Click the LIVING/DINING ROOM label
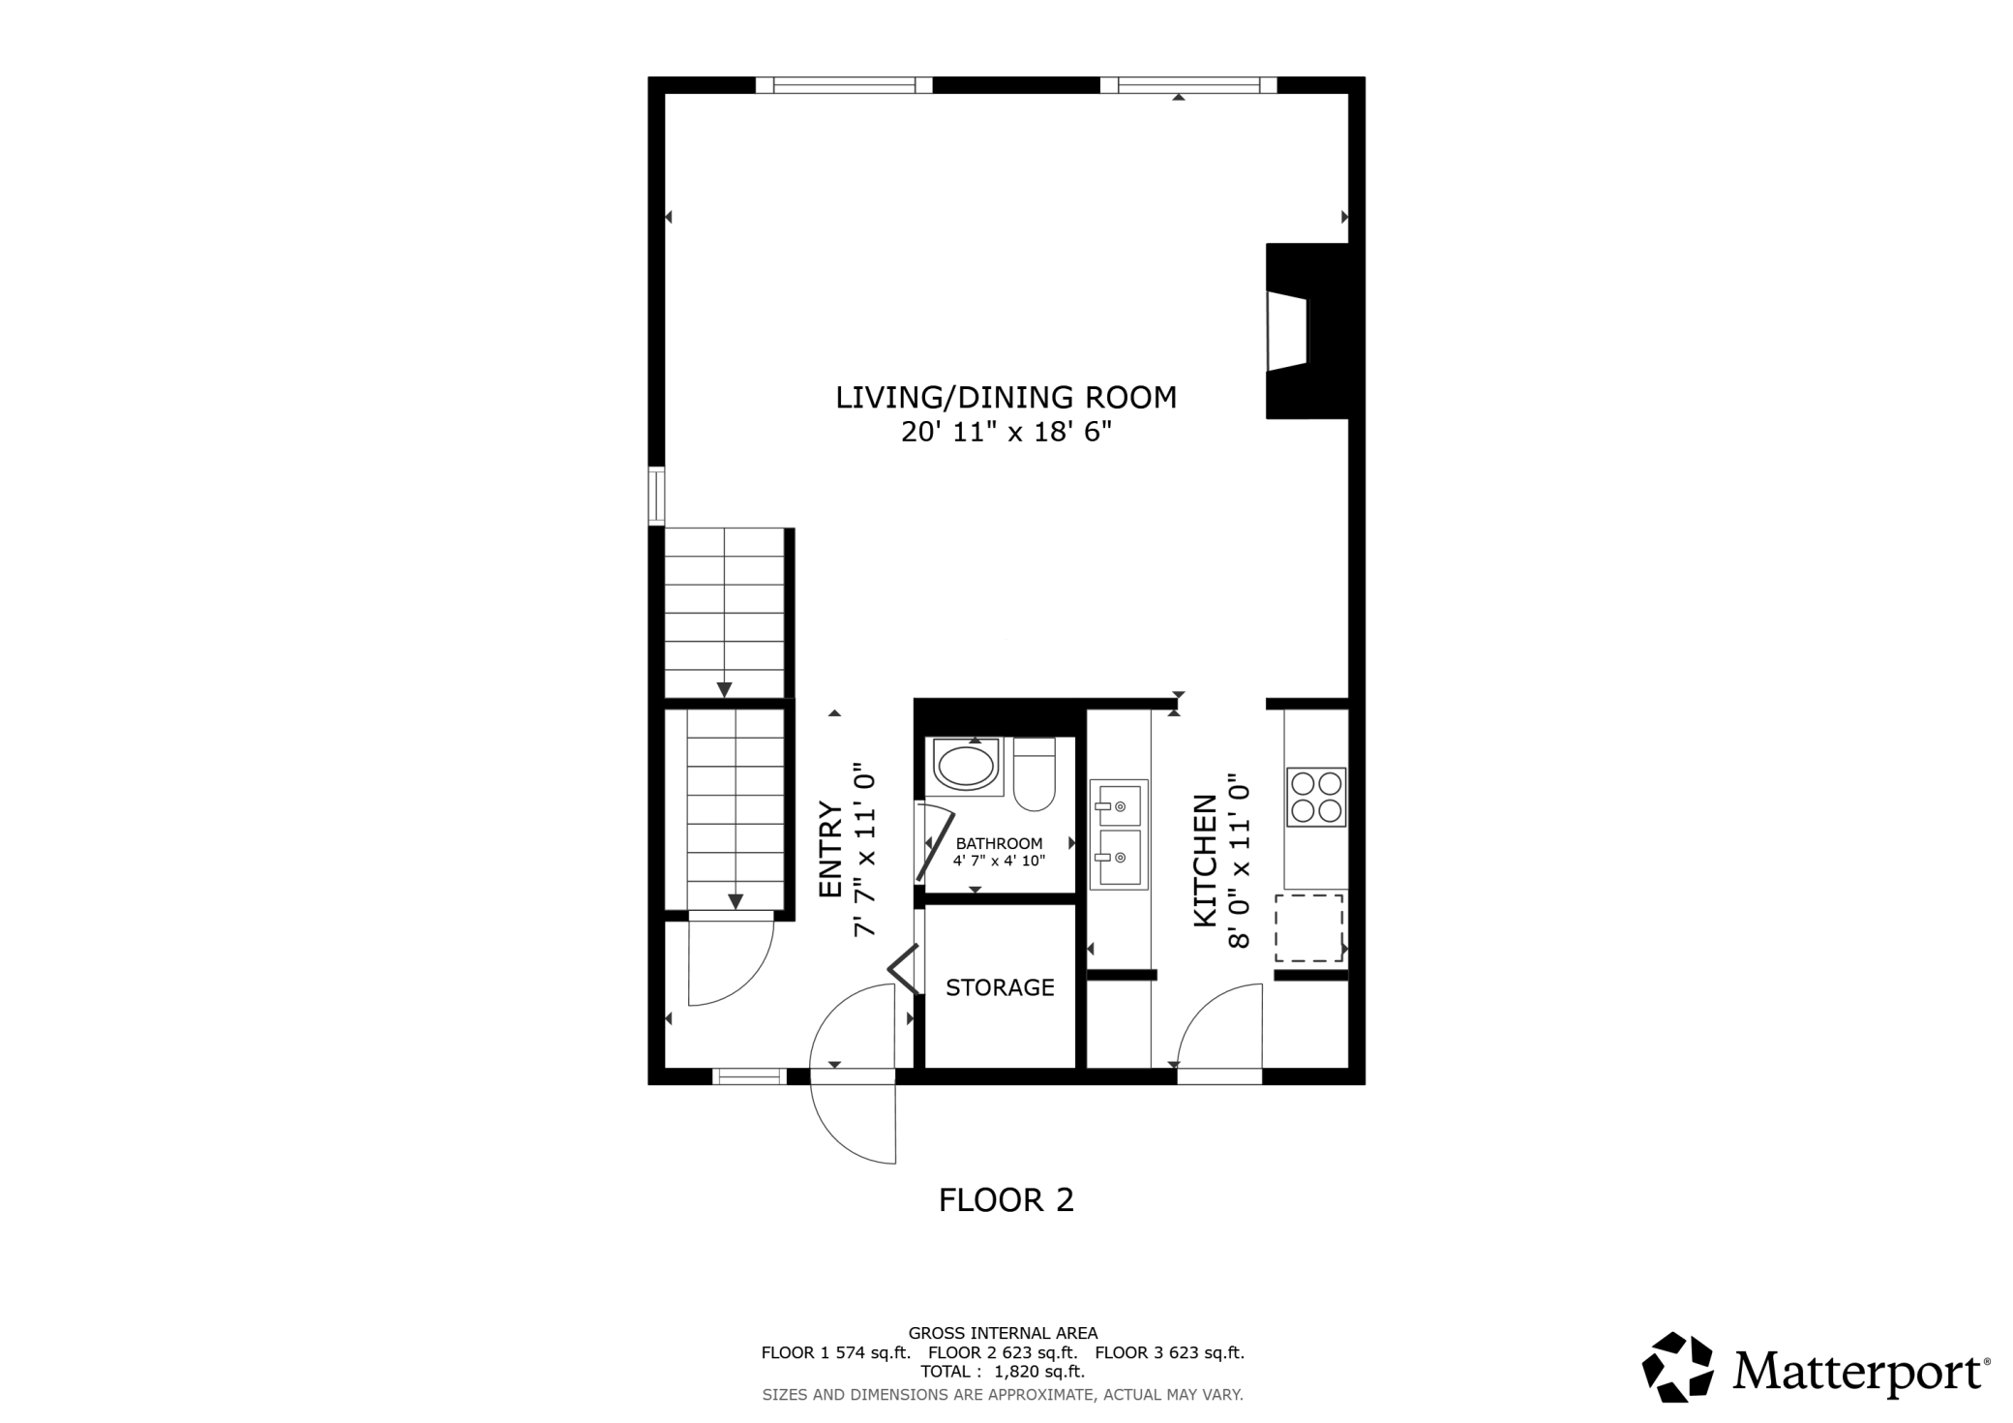1006,398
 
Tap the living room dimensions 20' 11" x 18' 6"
1006,432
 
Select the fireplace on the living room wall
1307,331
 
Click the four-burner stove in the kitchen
1316,797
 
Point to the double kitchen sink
1119,833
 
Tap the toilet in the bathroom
1034,774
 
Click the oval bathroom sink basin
966,766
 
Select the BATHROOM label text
999,843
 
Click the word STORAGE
1000,987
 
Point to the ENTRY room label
830,849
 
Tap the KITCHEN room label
1205,861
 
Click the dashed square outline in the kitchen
1308,928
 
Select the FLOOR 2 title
1006,1200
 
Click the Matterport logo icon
1677,1367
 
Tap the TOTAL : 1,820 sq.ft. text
1003,1372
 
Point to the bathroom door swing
935,843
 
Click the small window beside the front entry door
749,1076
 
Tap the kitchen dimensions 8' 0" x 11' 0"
1240,861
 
